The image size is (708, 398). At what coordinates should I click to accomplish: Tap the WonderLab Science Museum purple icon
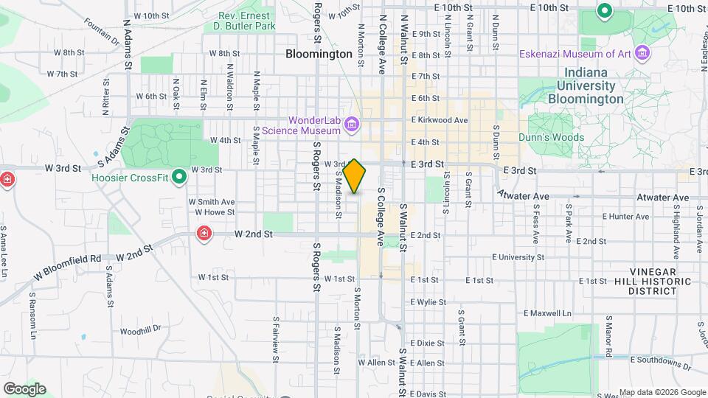tap(353, 125)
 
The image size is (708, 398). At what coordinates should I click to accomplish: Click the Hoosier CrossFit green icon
tap(178, 177)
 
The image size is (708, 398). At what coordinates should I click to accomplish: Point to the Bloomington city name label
tap(319, 55)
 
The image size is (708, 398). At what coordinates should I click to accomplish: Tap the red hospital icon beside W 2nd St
tap(204, 234)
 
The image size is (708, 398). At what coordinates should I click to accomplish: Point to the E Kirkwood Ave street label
tap(440, 120)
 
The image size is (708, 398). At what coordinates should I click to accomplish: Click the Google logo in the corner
tap(24, 388)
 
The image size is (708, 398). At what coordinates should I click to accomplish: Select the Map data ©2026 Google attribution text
tap(662, 392)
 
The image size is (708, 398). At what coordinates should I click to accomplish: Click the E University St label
tap(518, 257)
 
